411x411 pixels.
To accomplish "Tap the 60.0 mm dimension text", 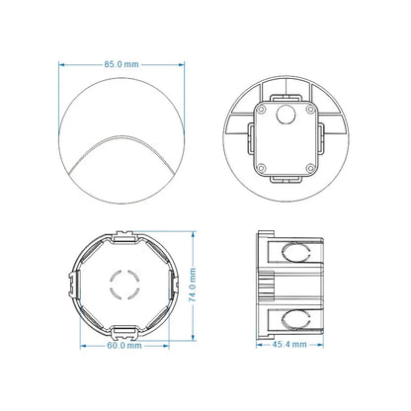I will tap(122, 347).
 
